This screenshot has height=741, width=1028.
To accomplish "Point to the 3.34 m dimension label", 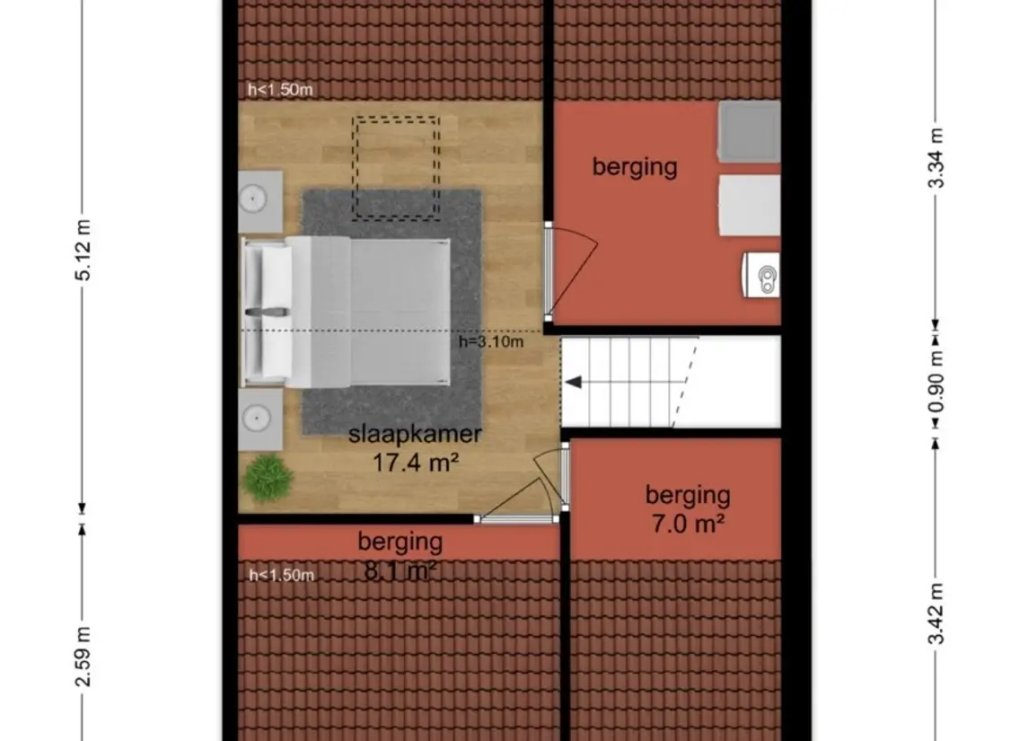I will click(x=936, y=158).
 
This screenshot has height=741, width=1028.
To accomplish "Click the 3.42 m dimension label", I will click(x=936, y=613).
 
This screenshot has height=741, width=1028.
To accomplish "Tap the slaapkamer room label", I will click(x=415, y=435).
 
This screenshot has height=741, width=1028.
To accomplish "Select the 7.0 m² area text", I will click(x=688, y=523).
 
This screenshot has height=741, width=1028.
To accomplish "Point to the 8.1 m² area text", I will click(x=400, y=569).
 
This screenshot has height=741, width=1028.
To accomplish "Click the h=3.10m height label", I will click(x=490, y=341).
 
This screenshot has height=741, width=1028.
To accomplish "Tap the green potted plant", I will click(x=268, y=476).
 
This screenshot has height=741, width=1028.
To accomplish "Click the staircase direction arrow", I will click(x=573, y=383).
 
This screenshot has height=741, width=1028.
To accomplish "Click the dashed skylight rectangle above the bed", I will click(x=395, y=168).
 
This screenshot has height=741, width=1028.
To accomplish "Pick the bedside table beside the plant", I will click(x=260, y=418).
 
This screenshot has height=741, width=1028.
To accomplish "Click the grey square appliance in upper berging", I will click(x=749, y=131).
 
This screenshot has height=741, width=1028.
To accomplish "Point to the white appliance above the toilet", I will click(x=749, y=205).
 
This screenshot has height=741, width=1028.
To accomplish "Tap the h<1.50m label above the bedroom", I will click(x=281, y=90).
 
